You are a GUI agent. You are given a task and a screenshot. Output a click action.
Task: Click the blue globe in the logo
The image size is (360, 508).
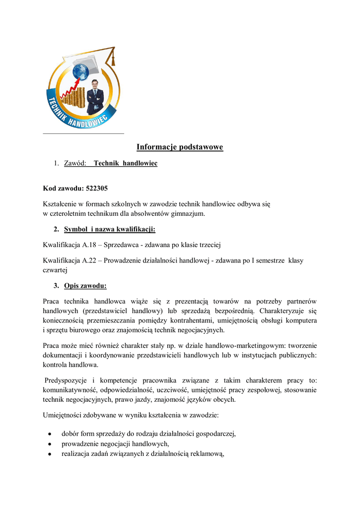[x=80, y=71]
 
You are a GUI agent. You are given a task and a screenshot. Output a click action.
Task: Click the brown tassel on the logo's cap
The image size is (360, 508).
[x=113, y=60]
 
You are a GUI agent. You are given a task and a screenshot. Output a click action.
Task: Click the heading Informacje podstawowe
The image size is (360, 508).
[x=180, y=147]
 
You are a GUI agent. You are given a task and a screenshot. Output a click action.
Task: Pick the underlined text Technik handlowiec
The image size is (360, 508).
[x=125, y=163]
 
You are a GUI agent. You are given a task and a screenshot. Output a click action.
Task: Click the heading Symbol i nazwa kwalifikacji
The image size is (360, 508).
[x=110, y=229]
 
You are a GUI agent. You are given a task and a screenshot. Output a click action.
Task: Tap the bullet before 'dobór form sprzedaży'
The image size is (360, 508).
[x=50, y=434]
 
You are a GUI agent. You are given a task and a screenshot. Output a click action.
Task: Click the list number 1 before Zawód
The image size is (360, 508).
[x=57, y=163]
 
